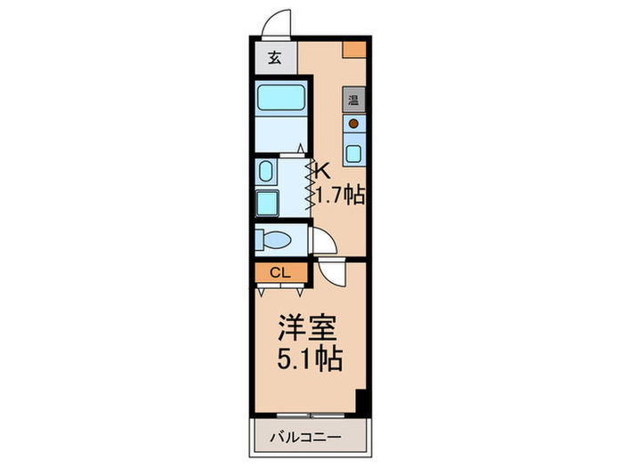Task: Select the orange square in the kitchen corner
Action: [355, 49]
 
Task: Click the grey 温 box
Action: [353, 99]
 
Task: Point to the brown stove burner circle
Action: [353, 124]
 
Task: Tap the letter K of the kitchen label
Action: [324, 169]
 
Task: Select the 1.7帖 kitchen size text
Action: [342, 194]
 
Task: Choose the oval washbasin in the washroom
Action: [265, 173]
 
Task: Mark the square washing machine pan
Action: [267, 203]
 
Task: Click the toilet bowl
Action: [272, 240]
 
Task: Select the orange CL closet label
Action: [279, 273]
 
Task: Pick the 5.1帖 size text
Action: [308, 360]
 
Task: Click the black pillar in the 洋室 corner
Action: [361, 400]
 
